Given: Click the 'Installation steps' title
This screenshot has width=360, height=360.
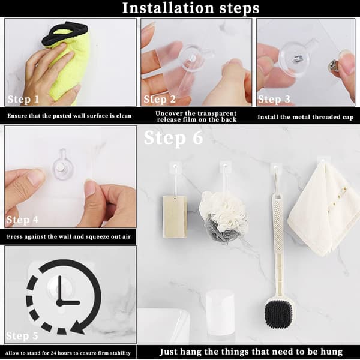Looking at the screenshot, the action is pos(191,8).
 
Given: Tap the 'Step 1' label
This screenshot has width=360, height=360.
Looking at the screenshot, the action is pos(23,99).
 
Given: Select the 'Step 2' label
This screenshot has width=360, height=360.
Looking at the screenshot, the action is pos(160,99).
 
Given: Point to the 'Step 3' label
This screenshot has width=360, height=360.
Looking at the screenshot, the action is pos(274,99).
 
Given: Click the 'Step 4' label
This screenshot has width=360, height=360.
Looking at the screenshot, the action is pos(23,220).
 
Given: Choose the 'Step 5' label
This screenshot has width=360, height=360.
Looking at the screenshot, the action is pos(22,335).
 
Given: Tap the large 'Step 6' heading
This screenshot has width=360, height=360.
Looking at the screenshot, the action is pos(173,138).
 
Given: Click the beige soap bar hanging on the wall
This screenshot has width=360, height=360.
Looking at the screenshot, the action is pos(175,216).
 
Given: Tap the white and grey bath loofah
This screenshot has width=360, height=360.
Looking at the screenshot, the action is pos(223,217).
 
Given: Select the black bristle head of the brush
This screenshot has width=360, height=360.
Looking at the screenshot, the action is pos(278,314).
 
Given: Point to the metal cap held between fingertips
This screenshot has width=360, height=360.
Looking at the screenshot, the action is pos(332,64).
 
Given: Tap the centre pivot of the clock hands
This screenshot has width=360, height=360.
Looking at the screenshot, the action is pos(59,303).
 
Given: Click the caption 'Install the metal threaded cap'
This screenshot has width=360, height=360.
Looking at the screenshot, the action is pos(305,117).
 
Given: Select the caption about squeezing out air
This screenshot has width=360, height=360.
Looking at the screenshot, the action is pos(68,236).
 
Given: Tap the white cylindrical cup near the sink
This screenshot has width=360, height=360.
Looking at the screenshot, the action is pos(220,313).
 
